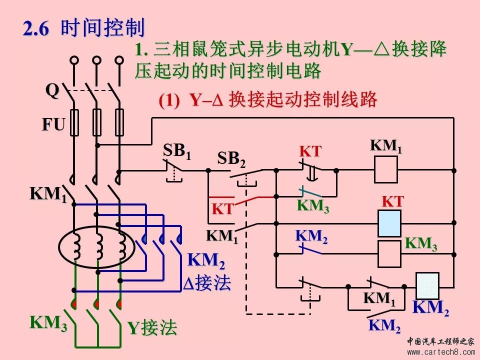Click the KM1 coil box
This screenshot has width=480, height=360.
(386, 169)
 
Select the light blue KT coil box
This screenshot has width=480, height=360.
(389, 223)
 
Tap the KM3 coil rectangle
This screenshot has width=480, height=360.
(389, 254)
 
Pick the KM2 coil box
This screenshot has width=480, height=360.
(427, 286)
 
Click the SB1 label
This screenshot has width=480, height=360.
(177, 151)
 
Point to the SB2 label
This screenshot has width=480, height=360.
(231, 159)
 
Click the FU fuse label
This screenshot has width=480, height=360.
(53, 124)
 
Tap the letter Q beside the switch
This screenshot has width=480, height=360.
(52, 90)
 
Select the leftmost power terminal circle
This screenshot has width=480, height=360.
(74, 60)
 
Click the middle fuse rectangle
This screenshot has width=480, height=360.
(96, 122)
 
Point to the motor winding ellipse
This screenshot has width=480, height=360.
(96, 247)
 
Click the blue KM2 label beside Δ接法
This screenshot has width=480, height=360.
(206, 261)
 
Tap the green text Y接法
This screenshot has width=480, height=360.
(152, 327)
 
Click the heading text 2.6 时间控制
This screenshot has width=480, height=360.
(83, 27)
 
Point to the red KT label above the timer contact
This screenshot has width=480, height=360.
(310, 151)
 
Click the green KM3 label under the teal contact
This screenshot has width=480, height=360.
(313, 206)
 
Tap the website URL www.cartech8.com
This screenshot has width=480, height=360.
(441, 352)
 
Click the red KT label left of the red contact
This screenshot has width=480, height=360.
(223, 209)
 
